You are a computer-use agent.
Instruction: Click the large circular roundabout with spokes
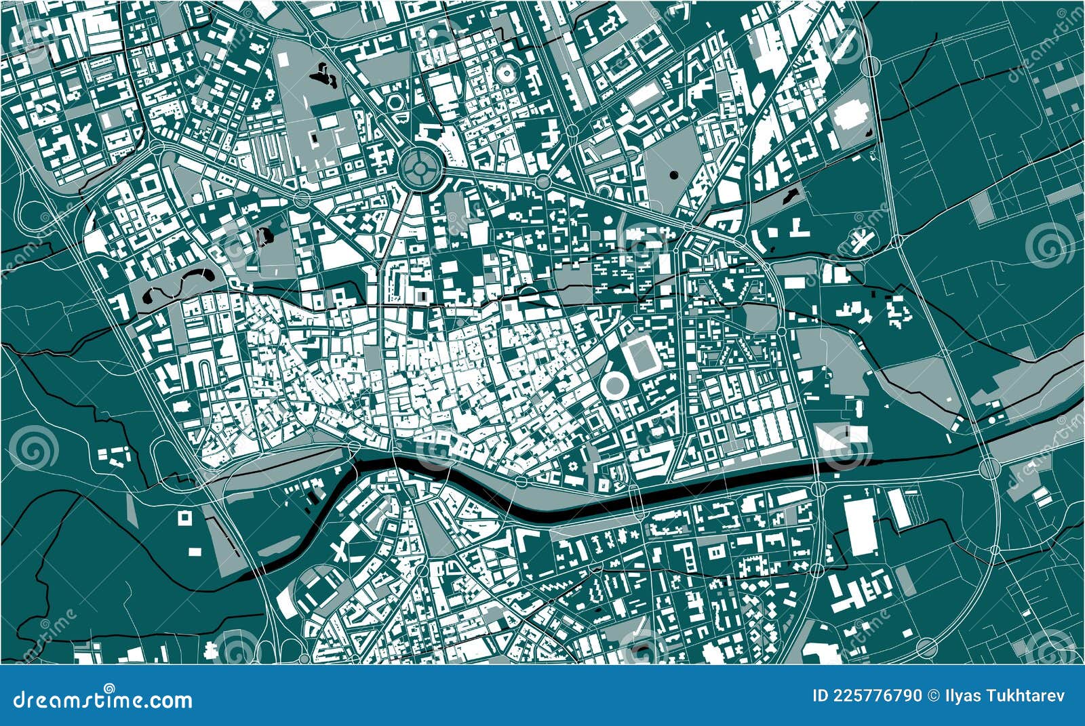(419, 165)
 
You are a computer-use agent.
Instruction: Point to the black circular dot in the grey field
(673, 175)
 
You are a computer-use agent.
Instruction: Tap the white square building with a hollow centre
(184, 518)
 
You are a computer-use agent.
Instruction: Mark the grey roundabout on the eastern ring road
(989, 467)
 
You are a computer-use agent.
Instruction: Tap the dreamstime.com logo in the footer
(103, 698)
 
